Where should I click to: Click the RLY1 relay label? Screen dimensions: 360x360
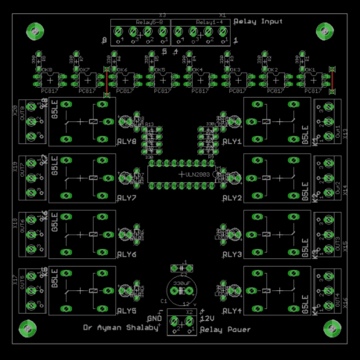point(232,142)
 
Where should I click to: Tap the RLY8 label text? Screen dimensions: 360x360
point(127,142)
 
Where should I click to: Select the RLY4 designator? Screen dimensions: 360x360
point(232,311)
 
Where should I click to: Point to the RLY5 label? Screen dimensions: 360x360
point(127,311)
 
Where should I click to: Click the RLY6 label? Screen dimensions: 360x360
point(127,254)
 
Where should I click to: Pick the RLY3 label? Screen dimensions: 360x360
point(232,254)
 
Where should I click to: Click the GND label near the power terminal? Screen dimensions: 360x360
point(154,319)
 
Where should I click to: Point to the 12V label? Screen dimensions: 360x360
point(207,319)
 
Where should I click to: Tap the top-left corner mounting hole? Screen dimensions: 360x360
point(34,31)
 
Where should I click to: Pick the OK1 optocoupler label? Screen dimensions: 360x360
point(310,70)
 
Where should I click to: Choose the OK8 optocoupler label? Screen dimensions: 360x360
point(46,70)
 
